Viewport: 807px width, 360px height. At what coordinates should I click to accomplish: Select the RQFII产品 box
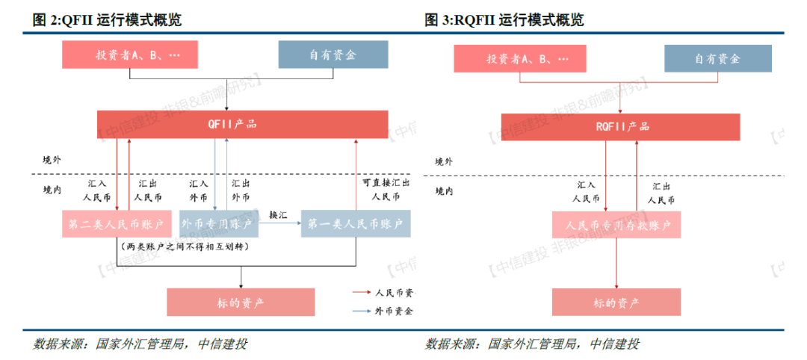coord(620,127)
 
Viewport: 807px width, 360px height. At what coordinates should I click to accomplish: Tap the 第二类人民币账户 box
coord(117,223)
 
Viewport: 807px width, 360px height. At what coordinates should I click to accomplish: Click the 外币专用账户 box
coord(216,223)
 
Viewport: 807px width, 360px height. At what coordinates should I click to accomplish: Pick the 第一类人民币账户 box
coord(356,223)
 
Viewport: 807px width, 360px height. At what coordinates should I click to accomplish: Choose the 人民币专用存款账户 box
coord(616,224)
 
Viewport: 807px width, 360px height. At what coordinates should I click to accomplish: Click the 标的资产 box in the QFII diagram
coord(241,301)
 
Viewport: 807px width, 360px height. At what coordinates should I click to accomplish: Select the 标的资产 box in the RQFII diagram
coord(616,302)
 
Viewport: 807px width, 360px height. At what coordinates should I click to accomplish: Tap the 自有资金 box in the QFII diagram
coord(333,55)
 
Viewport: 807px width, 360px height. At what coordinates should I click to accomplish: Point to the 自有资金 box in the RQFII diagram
coord(717,58)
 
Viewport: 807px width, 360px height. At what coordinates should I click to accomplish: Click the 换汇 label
coord(279,214)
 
